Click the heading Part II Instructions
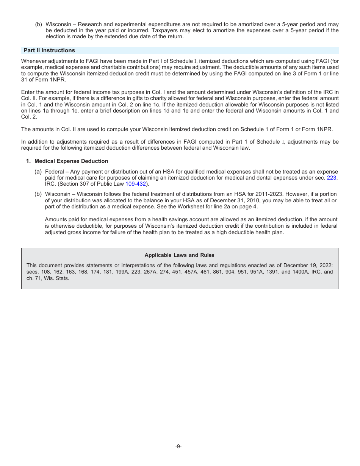[x=49, y=50]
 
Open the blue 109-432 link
[x=135, y=184]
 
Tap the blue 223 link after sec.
[x=331, y=178]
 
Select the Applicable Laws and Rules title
[x=179, y=255]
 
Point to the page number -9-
[x=178, y=446]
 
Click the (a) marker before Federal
[x=38, y=172]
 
